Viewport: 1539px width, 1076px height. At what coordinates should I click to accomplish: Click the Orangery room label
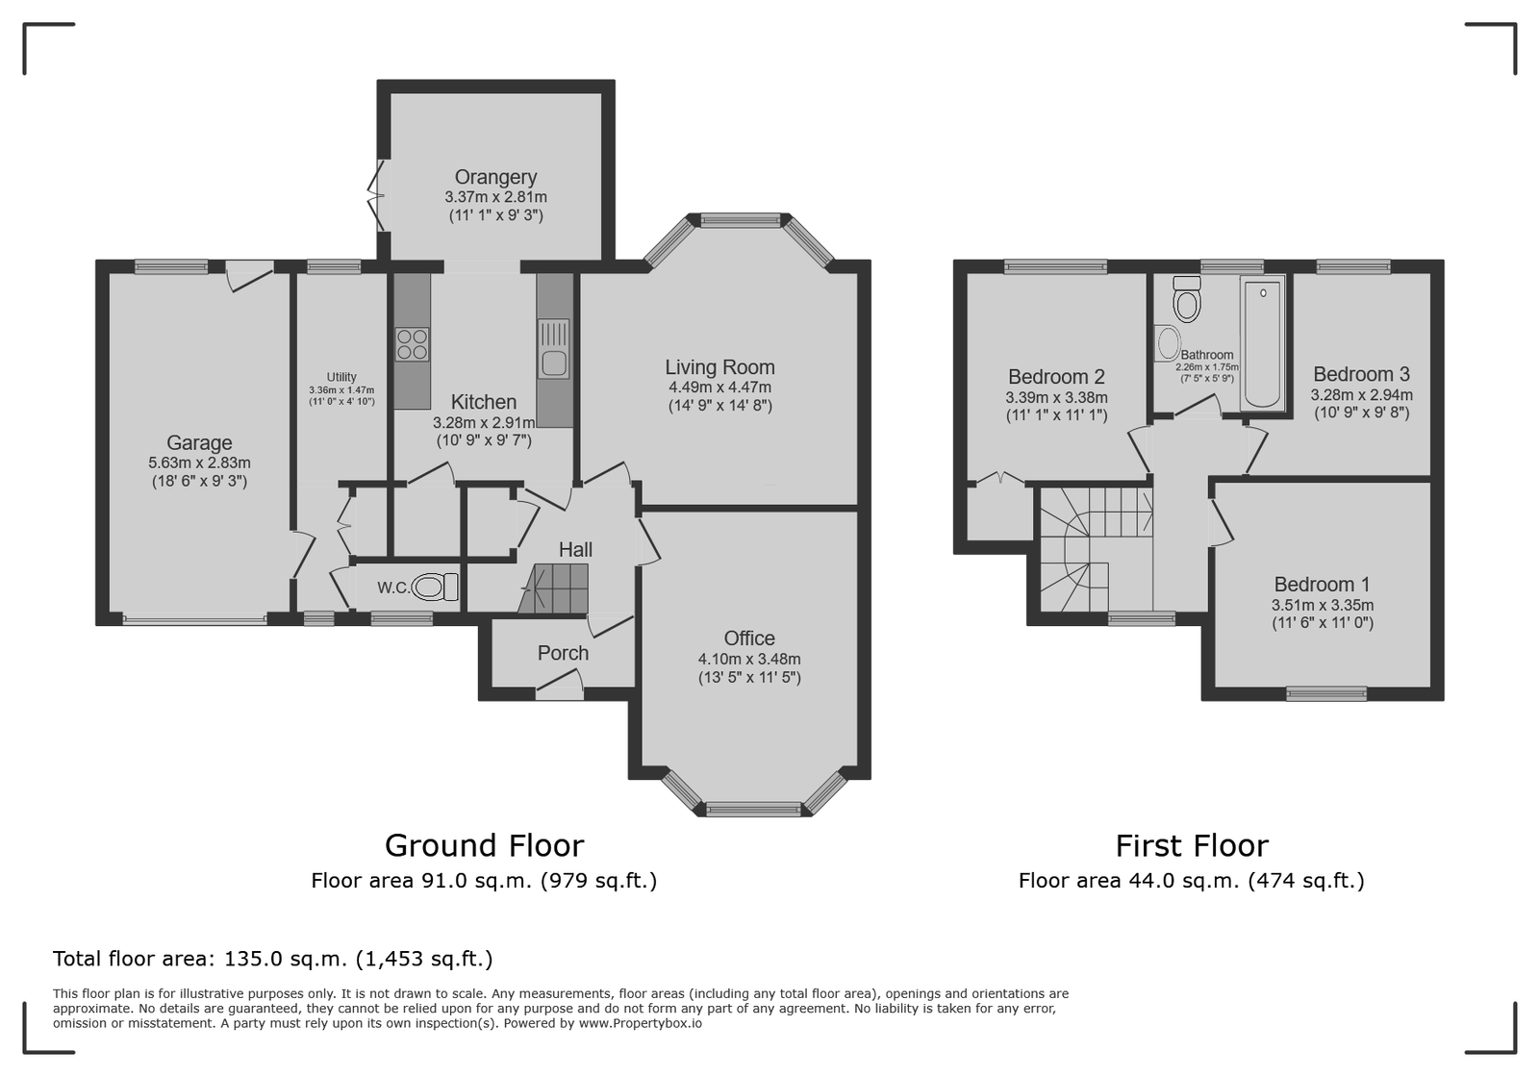[495, 177]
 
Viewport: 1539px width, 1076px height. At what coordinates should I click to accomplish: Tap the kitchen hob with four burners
[412, 344]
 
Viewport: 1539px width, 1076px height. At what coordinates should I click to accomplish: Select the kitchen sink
[554, 349]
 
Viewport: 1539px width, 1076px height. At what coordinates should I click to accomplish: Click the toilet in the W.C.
[436, 588]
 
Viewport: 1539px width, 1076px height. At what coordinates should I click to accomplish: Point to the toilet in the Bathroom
[1187, 299]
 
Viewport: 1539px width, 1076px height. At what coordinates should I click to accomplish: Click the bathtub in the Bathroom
[1262, 342]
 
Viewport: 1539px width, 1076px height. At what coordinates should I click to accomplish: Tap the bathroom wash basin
[1168, 343]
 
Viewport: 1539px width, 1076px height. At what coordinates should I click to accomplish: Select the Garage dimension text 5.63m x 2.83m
[199, 463]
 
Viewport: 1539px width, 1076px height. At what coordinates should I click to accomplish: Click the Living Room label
[720, 367]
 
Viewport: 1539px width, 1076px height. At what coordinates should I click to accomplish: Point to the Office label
[749, 638]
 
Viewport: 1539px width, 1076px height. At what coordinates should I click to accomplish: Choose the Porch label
[563, 653]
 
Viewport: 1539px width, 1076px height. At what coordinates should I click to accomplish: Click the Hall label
[575, 549]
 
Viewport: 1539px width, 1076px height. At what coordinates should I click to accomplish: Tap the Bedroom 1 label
[1322, 585]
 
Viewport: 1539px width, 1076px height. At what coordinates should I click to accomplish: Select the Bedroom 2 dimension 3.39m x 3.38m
[1057, 397]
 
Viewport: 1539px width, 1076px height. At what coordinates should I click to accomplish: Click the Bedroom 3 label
[1361, 374]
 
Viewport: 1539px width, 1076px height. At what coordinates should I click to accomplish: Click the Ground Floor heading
[485, 846]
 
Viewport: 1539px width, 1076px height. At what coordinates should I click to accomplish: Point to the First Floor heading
[1192, 846]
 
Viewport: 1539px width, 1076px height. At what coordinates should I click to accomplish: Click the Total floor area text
[273, 959]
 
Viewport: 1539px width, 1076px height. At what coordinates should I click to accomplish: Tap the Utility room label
[341, 377]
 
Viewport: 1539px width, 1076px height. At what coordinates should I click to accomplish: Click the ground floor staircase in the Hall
[553, 588]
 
